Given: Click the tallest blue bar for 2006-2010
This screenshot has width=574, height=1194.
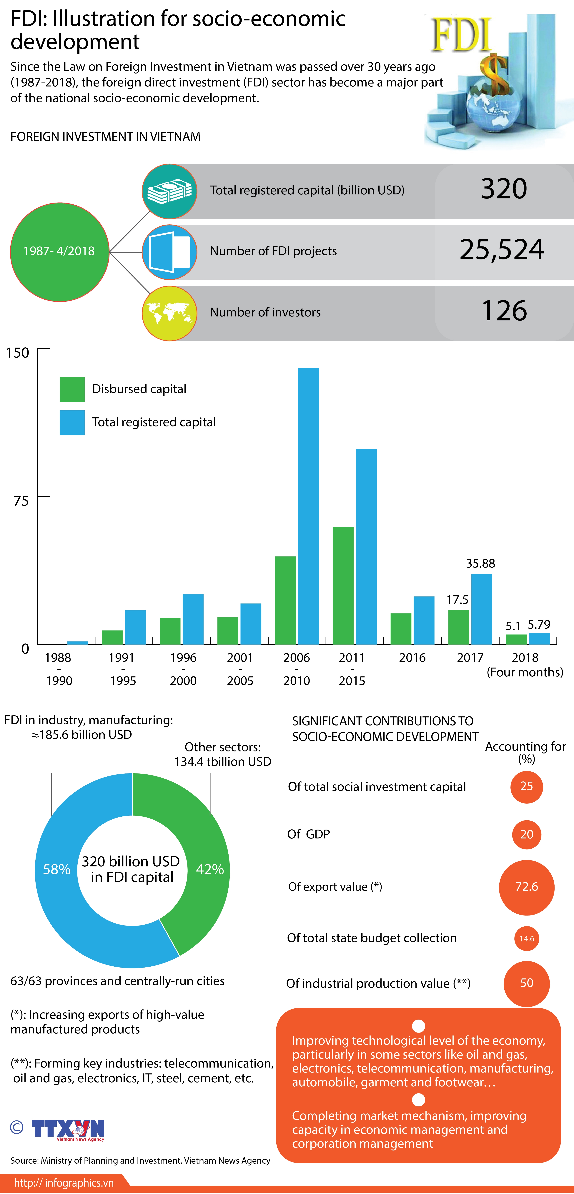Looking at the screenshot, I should (308, 505).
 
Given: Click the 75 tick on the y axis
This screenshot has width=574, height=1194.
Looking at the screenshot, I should (21, 501).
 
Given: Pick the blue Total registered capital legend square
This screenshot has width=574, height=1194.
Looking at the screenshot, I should (72, 422).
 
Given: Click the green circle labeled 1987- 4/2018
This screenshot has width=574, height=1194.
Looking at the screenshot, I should (59, 252).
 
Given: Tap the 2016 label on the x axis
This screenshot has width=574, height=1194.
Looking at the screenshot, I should (412, 658).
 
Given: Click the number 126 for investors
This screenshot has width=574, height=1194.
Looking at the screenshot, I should (504, 311).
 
